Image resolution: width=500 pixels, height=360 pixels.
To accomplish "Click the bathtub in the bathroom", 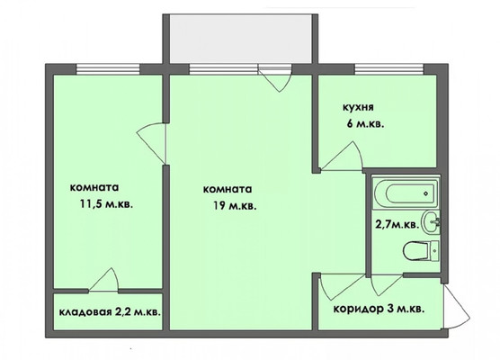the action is tap(406, 193).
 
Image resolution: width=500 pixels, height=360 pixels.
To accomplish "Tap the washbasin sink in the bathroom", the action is tap(431, 221).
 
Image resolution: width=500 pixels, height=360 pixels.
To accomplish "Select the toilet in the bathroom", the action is tap(421, 250).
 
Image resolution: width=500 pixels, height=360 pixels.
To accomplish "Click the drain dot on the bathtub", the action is tap(425, 193).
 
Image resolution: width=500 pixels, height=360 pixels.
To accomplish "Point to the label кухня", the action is tap(358, 107).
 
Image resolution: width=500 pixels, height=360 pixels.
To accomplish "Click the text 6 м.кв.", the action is tap(365, 123).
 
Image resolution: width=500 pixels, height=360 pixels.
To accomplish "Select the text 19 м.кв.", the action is tap(235, 206).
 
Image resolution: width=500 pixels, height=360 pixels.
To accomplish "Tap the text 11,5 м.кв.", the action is tap(106, 204).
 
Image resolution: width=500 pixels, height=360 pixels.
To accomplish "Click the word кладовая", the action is tap(85, 311).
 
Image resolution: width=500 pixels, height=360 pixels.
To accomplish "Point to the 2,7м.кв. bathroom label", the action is tap(397, 225).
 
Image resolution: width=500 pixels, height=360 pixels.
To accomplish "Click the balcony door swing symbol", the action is tap(275, 79).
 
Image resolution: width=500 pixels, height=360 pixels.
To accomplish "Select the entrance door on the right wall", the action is tap(457, 306).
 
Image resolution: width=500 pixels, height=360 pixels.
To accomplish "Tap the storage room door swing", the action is tap(103, 280).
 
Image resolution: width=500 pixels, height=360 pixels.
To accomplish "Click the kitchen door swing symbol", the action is tap(342, 157).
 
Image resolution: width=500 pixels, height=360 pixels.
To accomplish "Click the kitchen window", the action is tap(389, 69).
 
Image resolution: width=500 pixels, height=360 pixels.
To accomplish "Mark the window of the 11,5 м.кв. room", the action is tap(108, 69).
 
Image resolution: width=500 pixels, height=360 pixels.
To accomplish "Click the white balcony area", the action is tap(241, 39).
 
